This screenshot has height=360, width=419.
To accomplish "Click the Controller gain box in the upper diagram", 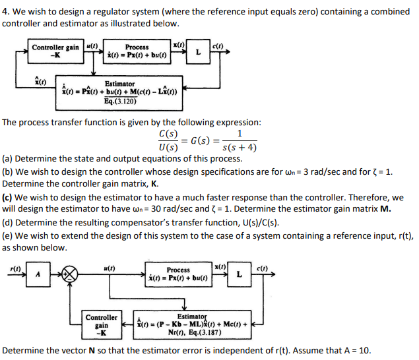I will [56, 51].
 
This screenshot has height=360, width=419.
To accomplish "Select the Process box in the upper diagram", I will [137, 51].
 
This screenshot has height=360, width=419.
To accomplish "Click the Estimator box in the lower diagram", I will [190, 320].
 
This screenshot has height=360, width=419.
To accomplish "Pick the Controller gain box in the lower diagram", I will [102, 324].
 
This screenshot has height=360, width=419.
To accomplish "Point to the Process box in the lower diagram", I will [178, 274].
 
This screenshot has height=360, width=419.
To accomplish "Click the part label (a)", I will [8, 159].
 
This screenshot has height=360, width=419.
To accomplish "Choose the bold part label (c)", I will [8, 197].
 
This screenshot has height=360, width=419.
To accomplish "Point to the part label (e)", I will [8, 235].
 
